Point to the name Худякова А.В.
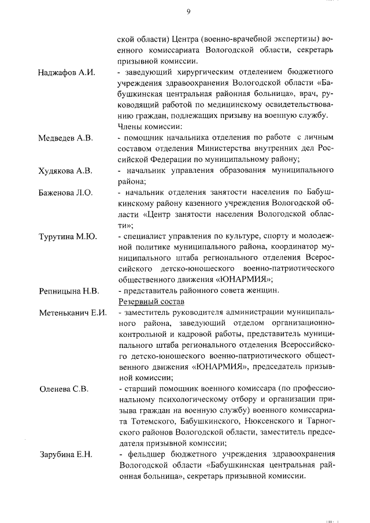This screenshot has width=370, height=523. coord(65,170)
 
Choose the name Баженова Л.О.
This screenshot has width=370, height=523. coord(65,192)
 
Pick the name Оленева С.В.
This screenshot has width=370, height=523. coord(64,389)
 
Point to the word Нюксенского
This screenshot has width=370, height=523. coord(269,422)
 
